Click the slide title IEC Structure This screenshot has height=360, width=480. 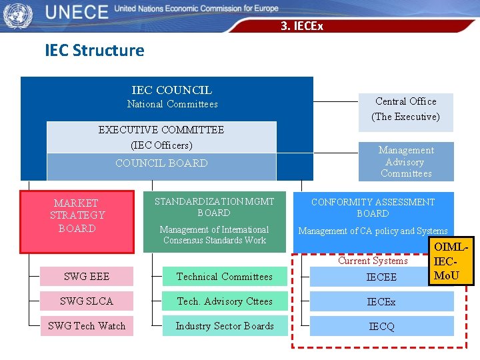pos(94,50)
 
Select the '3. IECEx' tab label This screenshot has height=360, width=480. pos(302,26)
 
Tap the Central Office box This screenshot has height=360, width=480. pos(405,109)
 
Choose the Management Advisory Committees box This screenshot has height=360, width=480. pos(405,162)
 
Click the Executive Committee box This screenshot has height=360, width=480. pos(161,137)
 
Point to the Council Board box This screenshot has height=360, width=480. pos(161,164)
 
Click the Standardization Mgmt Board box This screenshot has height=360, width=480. pos(214,221)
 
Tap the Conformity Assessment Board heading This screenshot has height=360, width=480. pos(373,207)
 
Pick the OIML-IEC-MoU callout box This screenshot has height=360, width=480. pos(451,261)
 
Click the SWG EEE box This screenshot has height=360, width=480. pos(87,277)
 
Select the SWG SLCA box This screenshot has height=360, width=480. pos(87,301)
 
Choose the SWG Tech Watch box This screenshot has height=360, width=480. pos(87,326)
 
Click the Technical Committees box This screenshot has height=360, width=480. pos(225,277)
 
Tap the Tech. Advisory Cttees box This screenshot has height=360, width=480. pos(225,301)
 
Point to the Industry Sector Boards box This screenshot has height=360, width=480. pos(225,326)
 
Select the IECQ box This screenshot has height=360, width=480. pos(381,327)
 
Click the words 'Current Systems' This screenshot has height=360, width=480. pos(373,261)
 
